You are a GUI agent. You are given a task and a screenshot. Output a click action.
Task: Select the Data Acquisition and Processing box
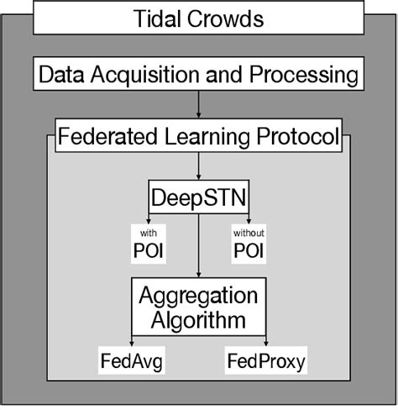tap(198, 76)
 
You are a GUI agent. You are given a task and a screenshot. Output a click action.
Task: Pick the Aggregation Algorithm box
tap(198, 307)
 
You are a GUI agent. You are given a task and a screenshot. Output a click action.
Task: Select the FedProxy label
tap(265, 362)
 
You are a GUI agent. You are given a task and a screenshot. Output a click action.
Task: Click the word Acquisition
tap(144, 76)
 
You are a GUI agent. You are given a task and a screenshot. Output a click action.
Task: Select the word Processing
tap(305, 76)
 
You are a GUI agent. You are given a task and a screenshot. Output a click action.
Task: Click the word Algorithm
tap(198, 319)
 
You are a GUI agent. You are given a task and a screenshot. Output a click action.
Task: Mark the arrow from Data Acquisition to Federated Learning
tap(198, 104)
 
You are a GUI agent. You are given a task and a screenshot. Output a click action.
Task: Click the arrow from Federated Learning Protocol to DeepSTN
tap(198, 165)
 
